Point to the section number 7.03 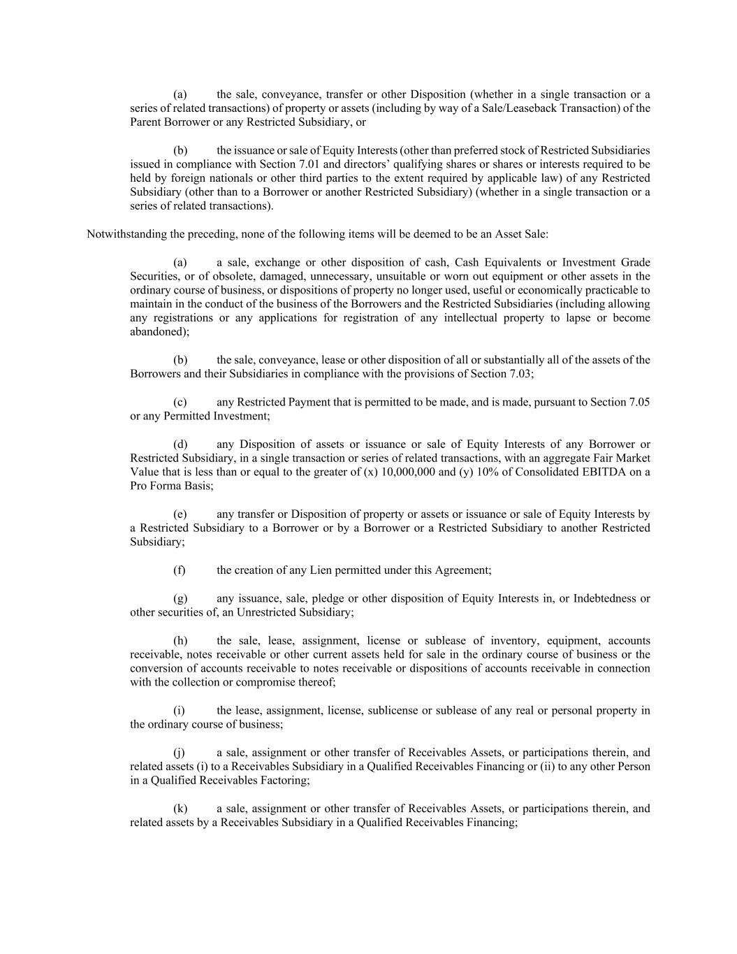pos(519,374)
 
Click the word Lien pos(321,570)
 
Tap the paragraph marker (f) pos(180,570)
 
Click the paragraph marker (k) pos(180,809)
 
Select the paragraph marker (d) pos(180,445)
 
